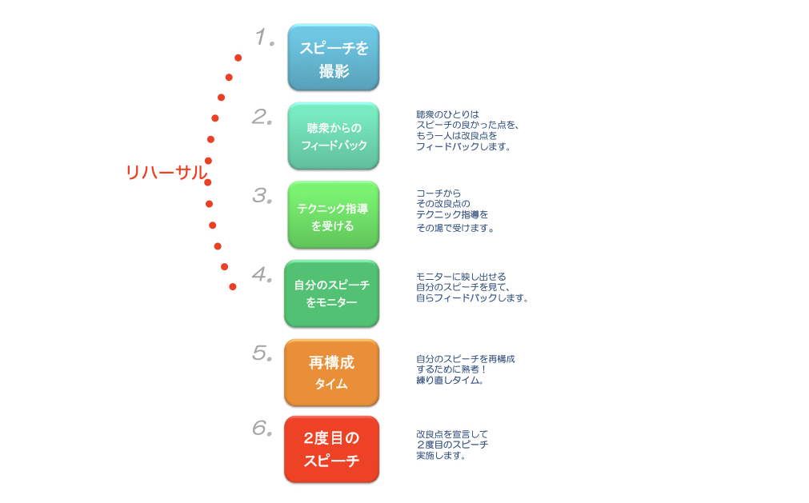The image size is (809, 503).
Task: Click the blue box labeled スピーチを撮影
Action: pyautogui.click(x=334, y=58)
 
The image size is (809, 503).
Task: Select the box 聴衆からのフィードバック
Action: pyautogui.click(x=334, y=136)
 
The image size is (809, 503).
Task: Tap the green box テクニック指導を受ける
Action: pyautogui.click(x=334, y=215)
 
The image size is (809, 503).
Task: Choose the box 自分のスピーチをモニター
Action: pyautogui.click(x=332, y=293)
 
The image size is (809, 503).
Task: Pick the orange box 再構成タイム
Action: pyautogui.click(x=332, y=373)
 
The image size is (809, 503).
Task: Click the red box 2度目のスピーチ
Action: pyautogui.click(x=332, y=449)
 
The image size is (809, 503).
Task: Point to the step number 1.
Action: pyautogui.click(x=265, y=38)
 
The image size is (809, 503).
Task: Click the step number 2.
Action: pyautogui.click(x=262, y=117)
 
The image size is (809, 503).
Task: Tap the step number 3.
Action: pyautogui.click(x=262, y=196)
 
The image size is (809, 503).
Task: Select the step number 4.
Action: pyautogui.click(x=262, y=274)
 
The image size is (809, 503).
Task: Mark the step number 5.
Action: pyautogui.click(x=262, y=353)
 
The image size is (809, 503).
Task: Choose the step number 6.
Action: pyautogui.click(x=262, y=428)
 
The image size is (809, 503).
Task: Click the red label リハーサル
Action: pyautogui.click(x=166, y=173)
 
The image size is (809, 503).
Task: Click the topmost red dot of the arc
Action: pyautogui.click(x=238, y=58)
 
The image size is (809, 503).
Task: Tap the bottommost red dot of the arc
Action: pyautogui.click(x=233, y=286)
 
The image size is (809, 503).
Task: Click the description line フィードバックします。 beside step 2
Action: pyautogui.click(x=463, y=146)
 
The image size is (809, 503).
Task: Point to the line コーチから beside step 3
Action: pyautogui.click(x=439, y=194)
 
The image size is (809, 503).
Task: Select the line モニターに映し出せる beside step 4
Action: pyautogui.click(x=461, y=277)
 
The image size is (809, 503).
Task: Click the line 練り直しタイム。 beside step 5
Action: pyautogui.click(x=450, y=381)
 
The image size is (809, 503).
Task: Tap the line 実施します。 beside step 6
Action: pyautogui.click(x=441, y=456)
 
